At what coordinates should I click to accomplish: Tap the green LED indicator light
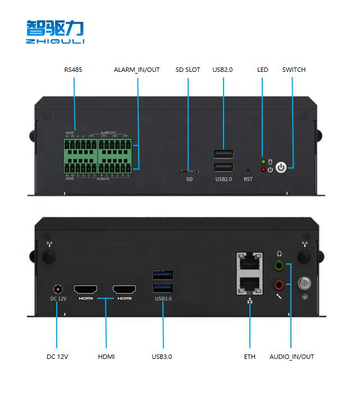click(263, 162)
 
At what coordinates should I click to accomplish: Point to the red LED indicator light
click(263, 169)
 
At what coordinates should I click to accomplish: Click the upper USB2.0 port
click(224, 154)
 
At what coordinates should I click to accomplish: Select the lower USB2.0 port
click(224, 167)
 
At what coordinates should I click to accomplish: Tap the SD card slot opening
click(189, 171)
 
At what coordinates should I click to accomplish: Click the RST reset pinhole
click(248, 169)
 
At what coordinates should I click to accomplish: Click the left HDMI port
click(86, 289)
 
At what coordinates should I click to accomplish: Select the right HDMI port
click(124, 289)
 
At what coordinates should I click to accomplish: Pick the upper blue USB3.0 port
click(163, 275)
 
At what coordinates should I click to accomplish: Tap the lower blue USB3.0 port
click(163, 288)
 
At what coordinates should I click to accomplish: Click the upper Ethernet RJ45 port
click(249, 263)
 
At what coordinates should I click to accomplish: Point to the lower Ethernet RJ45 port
click(249, 284)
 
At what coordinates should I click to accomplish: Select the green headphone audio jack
click(279, 265)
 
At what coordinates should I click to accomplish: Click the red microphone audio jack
click(279, 284)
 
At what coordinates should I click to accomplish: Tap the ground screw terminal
click(304, 284)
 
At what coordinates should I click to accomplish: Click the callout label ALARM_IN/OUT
click(137, 70)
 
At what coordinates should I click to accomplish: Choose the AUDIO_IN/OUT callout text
click(291, 357)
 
